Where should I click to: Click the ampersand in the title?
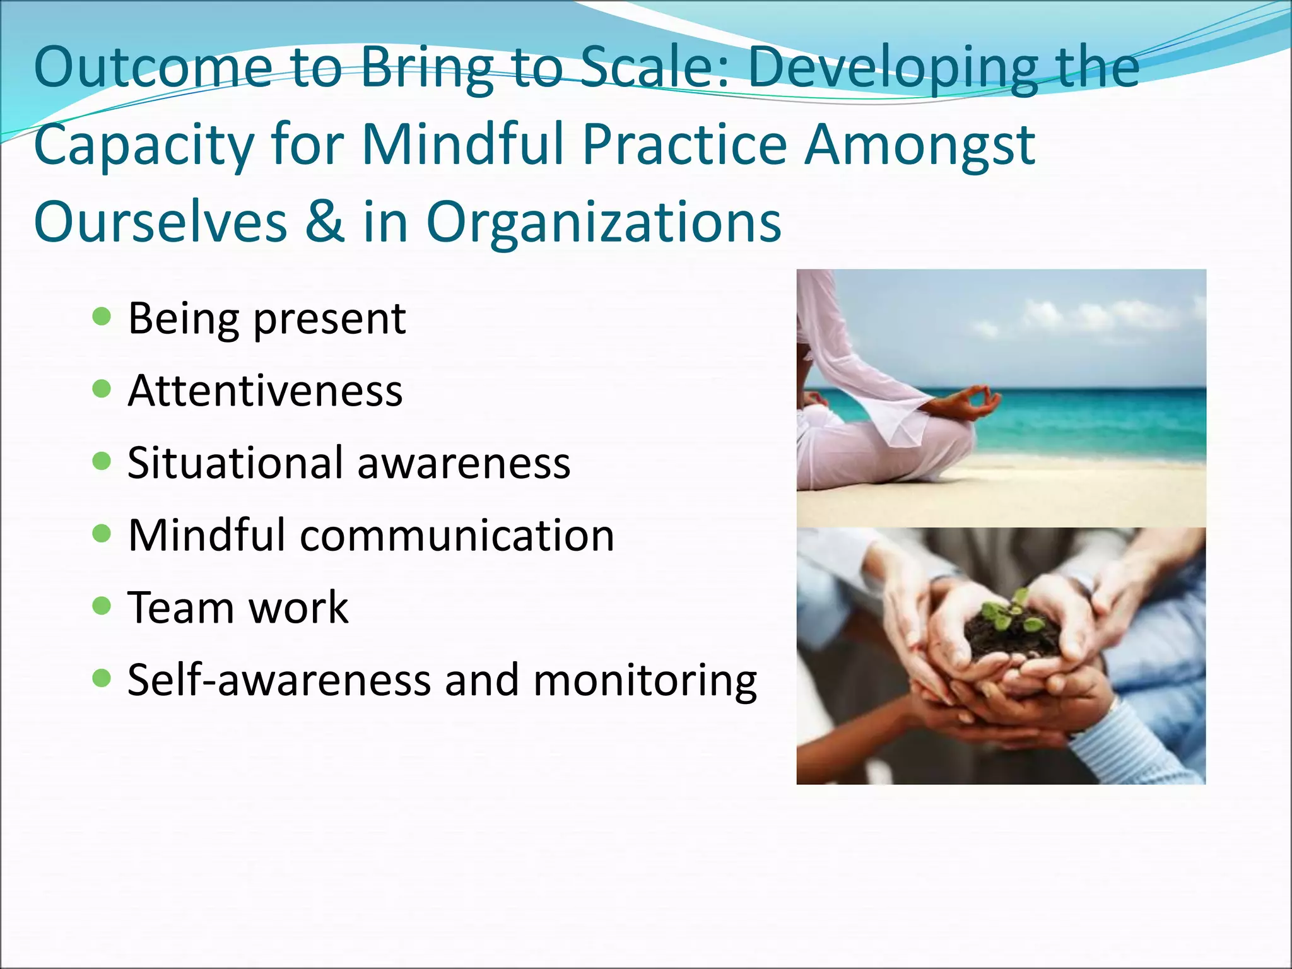pos(324,221)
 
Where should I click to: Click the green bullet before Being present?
pos(102,316)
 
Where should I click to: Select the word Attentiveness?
pos(265,391)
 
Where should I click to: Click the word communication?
pos(457,535)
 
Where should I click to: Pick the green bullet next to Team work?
pos(102,606)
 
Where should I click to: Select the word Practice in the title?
pos(684,144)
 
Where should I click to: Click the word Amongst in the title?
pos(920,144)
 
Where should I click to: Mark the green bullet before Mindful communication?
pos(102,534)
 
